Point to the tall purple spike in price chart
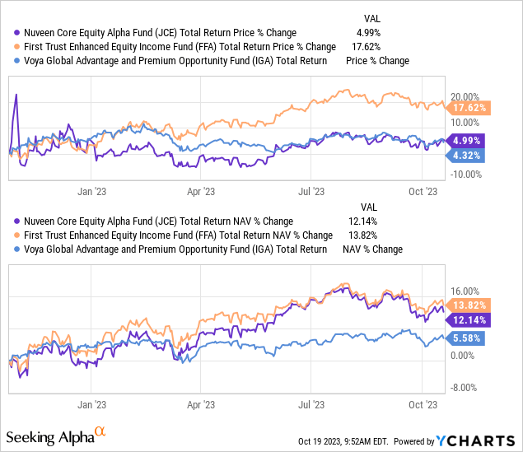[16, 96]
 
